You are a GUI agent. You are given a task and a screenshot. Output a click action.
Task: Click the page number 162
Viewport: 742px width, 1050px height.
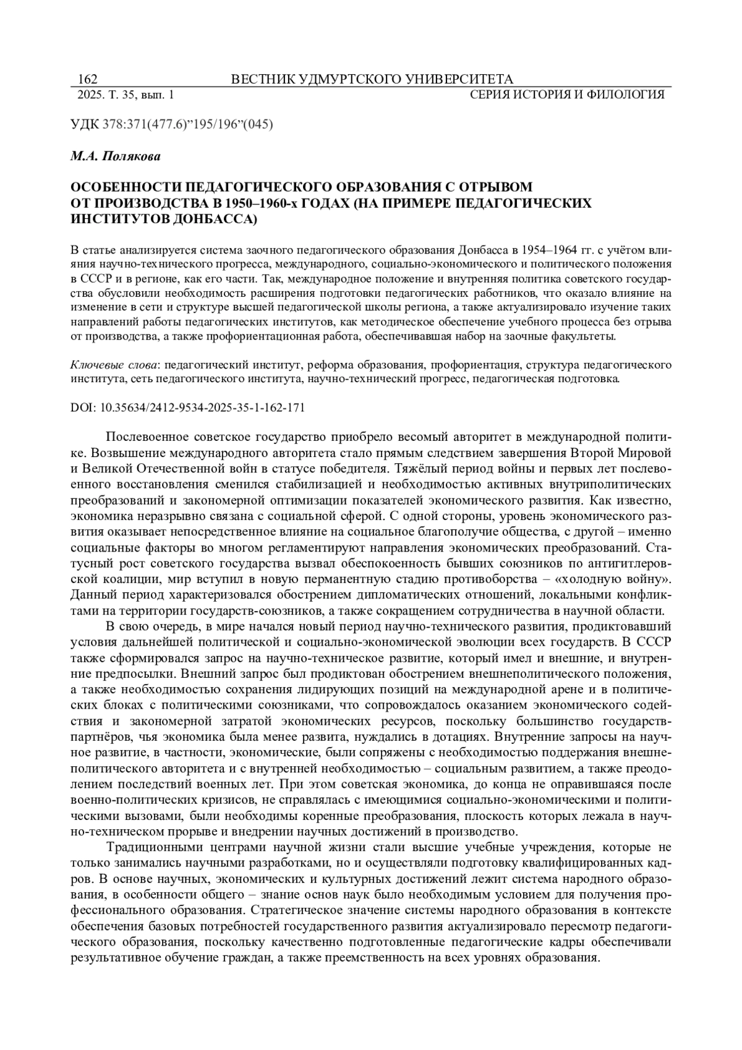click(87, 79)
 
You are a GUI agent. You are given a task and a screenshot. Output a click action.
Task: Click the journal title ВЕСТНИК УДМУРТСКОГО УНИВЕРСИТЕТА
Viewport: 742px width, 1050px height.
click(372, 79)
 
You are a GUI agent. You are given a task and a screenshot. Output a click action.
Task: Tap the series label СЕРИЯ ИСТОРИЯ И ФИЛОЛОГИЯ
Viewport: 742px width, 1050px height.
click(567, 95)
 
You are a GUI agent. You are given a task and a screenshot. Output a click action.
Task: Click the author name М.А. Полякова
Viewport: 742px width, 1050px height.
click(115, 156)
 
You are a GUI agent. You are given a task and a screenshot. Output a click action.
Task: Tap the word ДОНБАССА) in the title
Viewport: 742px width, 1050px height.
click(212, 219)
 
